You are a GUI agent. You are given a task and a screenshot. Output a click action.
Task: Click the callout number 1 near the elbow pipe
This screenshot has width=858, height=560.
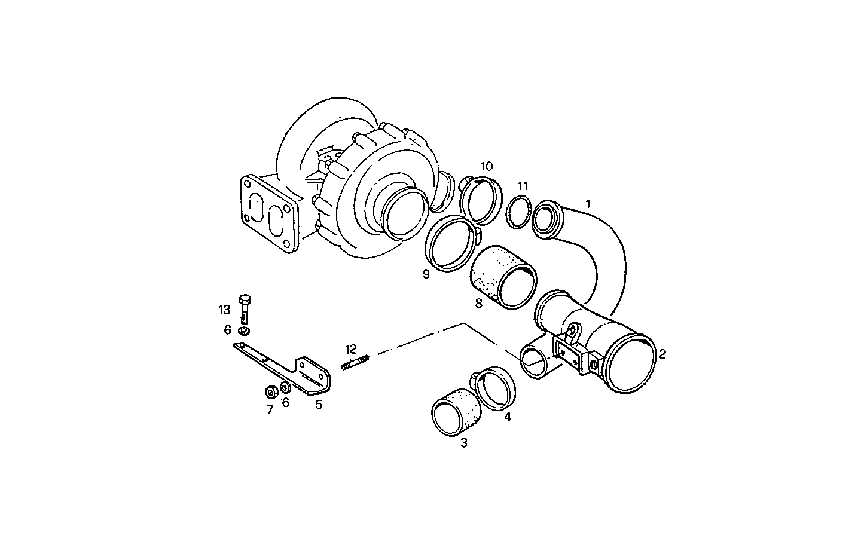(x=588, y=204)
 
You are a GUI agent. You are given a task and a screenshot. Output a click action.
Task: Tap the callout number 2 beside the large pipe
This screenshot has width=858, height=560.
(x=662, y=354)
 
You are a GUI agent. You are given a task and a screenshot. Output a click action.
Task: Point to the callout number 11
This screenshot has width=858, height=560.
(x=523, y=186)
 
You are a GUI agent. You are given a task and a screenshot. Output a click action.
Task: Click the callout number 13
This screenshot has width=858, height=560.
(x=224, y=310)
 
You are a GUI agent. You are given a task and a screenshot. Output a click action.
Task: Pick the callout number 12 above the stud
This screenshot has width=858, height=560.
(x=350, y=348)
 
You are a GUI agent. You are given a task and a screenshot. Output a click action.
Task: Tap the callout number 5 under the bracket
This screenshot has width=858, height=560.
(x=319, y=405)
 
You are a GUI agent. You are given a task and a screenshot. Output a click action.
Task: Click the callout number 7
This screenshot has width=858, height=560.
(x=270, y=410)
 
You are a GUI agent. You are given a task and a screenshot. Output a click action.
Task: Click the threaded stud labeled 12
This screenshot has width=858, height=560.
(x=357, y=362)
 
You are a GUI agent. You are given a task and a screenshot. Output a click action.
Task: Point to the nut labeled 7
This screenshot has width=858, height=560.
(x=270, y=392)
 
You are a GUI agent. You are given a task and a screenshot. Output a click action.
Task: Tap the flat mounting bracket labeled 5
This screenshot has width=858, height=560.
(x=281, y=367)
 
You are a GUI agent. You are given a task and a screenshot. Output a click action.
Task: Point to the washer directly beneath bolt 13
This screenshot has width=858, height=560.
(x=244, y=331)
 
